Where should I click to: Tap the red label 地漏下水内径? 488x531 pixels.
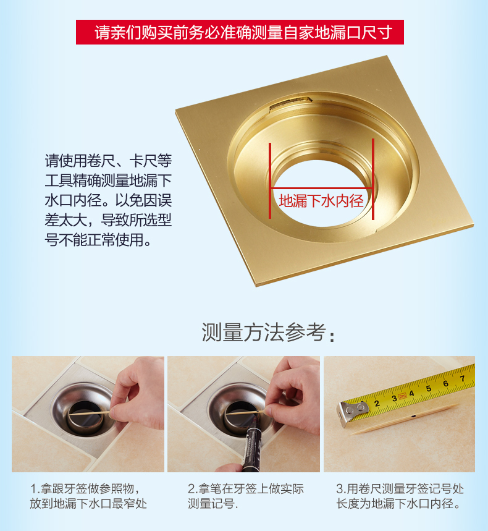pos(321,200)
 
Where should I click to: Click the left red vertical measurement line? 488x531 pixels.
pos(269,179)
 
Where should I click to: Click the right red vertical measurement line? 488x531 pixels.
pos(372,179)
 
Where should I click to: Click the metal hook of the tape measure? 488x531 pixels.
pos(351,413)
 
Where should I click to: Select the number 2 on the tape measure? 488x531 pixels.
pos(376,404)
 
